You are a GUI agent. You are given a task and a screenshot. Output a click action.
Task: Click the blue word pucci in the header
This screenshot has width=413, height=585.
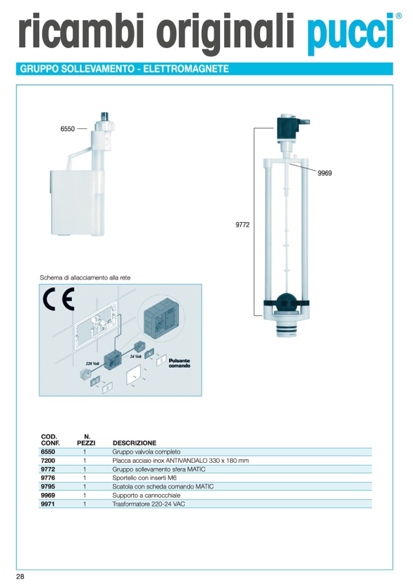351,34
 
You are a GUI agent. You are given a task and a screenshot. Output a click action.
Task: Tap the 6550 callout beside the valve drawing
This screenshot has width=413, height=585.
68,129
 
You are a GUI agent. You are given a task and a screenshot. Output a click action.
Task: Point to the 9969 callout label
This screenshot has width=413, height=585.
324,173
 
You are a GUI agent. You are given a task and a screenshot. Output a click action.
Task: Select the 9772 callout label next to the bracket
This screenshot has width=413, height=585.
242,225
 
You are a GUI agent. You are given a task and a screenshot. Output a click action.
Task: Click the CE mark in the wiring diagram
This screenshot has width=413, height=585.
58,299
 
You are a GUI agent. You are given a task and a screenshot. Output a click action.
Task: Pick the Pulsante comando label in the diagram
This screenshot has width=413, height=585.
179,363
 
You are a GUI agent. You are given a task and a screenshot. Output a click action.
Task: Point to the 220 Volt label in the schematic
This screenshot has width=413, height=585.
92,363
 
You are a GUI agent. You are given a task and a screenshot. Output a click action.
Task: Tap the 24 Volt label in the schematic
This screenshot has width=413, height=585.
135,356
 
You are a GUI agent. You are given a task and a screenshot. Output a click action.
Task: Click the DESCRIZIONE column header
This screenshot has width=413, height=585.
135,443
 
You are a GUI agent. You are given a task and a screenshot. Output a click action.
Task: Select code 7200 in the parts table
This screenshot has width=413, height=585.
48,461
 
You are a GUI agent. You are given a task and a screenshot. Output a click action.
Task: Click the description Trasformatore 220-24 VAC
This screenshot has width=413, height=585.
149,504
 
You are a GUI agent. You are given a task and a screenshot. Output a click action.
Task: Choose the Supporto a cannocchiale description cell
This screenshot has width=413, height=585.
146,495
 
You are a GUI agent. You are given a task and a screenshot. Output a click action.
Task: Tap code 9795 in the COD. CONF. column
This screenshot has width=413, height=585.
48,487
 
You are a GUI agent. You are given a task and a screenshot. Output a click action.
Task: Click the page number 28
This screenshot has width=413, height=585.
20,576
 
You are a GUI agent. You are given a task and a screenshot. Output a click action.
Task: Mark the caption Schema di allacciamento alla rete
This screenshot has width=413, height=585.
85,278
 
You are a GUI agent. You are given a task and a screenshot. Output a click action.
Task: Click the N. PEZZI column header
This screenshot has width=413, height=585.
86,440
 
